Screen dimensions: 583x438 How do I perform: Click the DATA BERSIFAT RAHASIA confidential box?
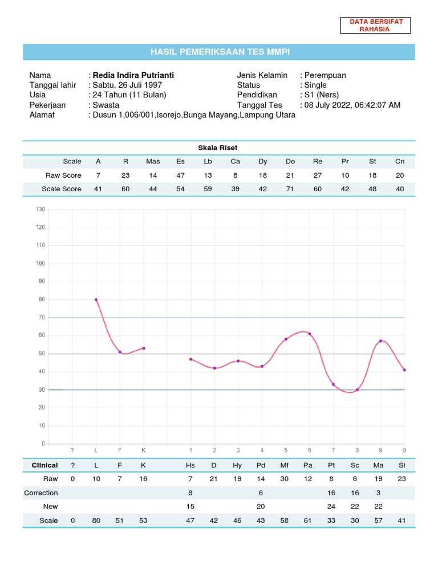[x=376, y=25]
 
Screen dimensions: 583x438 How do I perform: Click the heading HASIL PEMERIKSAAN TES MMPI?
[x=220, y=52]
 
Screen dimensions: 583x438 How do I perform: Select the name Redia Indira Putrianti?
[x=133, y=75]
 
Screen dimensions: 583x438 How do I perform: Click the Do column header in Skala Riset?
[x=290, y=161]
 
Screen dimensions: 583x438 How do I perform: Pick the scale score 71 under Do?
[x=290, y=188]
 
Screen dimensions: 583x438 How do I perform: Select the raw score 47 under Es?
[x=181, y=175]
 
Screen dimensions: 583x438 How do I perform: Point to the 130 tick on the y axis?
[x=40, y=210]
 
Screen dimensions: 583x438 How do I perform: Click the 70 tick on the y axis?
[x=41, y=317]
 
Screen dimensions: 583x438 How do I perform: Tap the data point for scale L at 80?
[x=96, y=299]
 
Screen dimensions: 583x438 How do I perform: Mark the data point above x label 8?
[x=358, y=390]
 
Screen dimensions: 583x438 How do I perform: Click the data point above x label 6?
[x=310, y=334]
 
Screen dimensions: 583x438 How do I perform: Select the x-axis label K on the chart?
[x=144, y=450]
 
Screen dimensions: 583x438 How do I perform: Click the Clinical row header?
[x=44, y=465]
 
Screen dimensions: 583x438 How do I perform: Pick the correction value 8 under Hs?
[x=190, y=492]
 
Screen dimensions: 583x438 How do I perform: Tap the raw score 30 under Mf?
[x=285, y=479]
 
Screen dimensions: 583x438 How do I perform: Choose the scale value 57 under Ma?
[x=378, y=520]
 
